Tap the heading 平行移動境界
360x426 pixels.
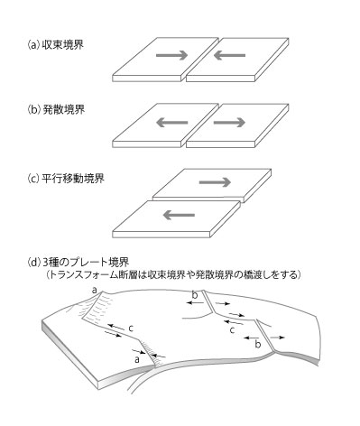(73, 179)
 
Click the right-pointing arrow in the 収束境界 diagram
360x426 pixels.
(172, 55)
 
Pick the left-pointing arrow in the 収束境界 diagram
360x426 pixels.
(229, 55)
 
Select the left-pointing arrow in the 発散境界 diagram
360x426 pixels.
(172, 122)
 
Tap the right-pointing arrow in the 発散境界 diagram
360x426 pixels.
(229, 122)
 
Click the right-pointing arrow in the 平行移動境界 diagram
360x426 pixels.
(215, 182)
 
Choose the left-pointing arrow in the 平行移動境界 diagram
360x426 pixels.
(179, 215)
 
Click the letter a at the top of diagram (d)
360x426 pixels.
(95, 291)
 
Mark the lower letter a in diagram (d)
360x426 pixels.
(137, 359)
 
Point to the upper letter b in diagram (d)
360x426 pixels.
(195, 295)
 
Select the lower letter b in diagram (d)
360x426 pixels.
(258, 344)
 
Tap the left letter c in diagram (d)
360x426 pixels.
(130, 329)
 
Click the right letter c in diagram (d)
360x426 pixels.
(232, 330)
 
